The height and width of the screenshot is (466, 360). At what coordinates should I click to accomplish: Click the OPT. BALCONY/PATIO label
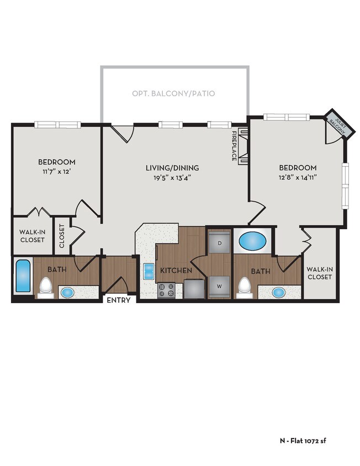(173, 94)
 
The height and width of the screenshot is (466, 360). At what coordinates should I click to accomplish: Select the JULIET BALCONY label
(337, 126)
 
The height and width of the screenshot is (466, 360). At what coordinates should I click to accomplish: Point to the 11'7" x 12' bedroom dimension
(56, 172)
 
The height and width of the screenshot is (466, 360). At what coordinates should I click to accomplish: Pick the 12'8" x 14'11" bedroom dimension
(297, 177)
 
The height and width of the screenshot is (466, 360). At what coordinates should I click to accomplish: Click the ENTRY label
(118, 300)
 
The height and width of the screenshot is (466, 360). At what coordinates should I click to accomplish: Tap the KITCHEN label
(176, 271)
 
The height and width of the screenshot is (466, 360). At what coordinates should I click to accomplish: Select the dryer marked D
(219, 243)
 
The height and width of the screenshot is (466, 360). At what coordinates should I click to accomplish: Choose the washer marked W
(219, 285)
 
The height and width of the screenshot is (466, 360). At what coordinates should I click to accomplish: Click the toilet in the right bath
(244, 286)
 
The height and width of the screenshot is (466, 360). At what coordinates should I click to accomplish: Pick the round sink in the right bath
(278, 292)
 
